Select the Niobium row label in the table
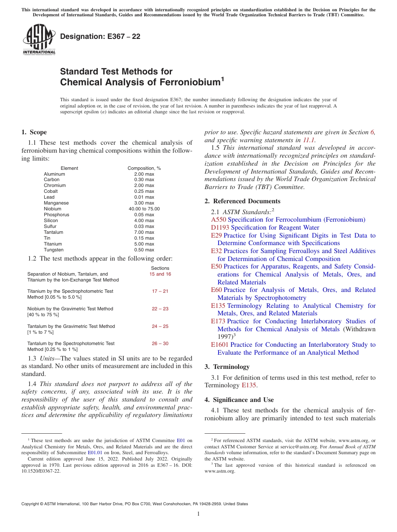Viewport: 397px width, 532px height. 53,209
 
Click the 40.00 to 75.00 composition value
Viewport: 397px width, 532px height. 144,209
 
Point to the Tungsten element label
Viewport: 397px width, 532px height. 53,250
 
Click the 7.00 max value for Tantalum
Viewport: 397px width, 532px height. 144,232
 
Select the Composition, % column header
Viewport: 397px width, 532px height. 144,168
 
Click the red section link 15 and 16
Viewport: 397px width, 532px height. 160,274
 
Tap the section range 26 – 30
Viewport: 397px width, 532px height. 160,343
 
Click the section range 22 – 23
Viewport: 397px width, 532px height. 160,309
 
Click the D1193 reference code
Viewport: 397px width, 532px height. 220,228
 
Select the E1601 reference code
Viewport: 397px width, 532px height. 220,345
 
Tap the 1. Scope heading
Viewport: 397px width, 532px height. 34,133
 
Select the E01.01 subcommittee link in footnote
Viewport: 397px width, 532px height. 95,453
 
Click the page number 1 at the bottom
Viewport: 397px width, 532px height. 198,514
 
